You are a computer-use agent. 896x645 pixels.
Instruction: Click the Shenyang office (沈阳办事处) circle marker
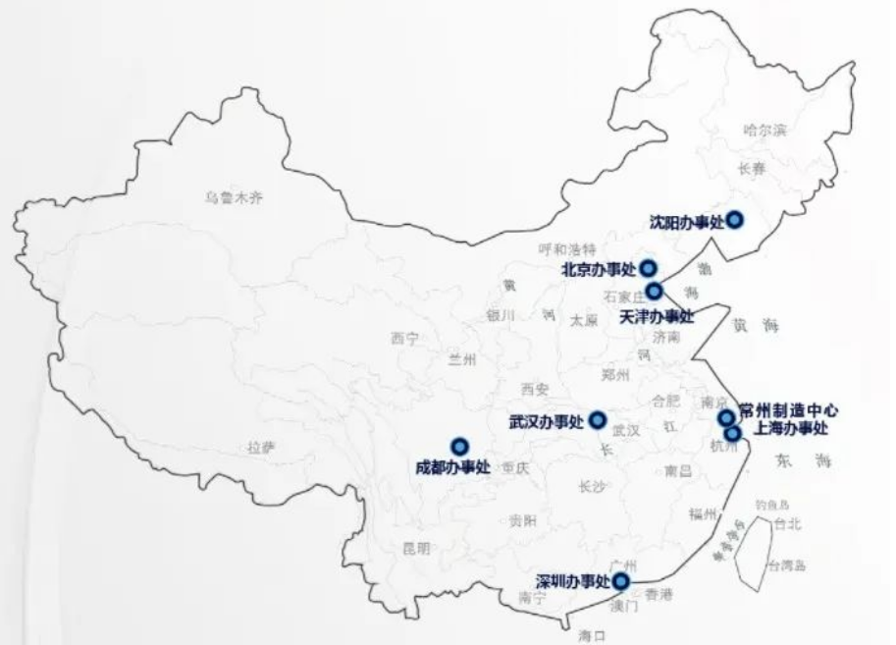(x=733, y=220)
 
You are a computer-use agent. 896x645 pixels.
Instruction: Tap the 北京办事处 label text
(x=599, y=269)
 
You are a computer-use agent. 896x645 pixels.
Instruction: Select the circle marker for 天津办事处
(x=654, y=290)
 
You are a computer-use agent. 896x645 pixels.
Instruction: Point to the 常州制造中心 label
(x=790, y=410)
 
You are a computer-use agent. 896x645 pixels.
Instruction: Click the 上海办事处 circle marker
(x=732, y=433)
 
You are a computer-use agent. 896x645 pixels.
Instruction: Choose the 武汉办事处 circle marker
(x=597, y=419)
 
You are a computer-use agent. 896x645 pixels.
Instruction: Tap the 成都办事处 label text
(x=452, y=468)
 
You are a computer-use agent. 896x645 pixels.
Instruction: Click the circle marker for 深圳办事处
(x=621, y=581)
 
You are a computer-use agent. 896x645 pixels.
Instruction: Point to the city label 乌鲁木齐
(x=234, y=197)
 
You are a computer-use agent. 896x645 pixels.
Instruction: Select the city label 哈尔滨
(x=764, y=130)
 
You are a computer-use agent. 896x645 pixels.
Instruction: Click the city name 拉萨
(x=261, y=448)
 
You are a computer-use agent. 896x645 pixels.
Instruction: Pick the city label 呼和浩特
(x=567, y=249)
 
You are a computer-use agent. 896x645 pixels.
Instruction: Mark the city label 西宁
(x=403, y=339)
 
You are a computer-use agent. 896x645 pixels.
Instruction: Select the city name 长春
(x=751, y=169)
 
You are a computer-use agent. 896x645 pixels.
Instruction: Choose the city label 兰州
(x=461, y=359)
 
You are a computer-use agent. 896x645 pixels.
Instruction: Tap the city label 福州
(x=703, y=513)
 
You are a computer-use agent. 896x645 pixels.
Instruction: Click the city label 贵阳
(x=523, y=520)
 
